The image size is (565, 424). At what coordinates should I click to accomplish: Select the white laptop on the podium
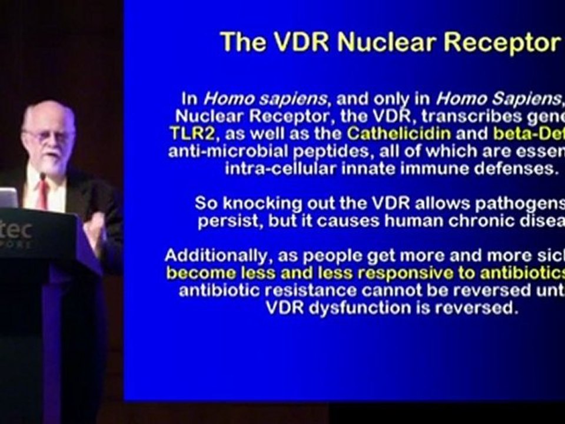click(8, 197)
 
